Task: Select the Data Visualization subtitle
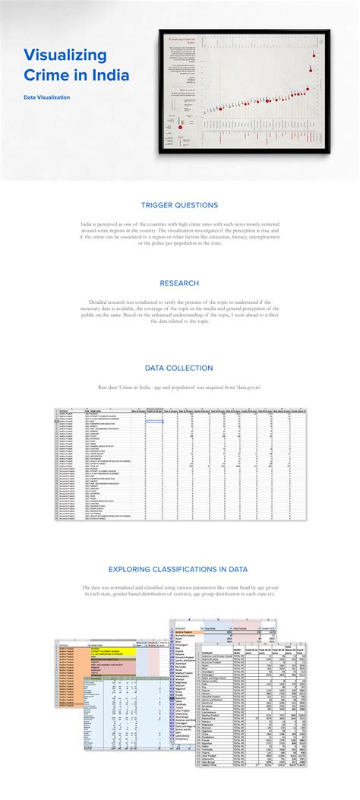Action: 46,97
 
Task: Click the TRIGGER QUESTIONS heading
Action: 179,205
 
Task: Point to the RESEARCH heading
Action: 179,283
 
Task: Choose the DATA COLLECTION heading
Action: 179,368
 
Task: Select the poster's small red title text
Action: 182,39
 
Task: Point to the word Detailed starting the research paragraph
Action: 100,302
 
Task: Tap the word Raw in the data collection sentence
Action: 103,387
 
